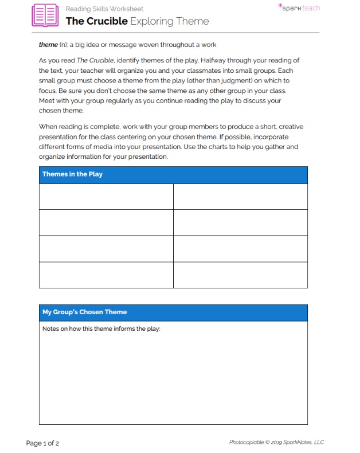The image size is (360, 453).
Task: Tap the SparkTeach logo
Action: [x=299, y=8]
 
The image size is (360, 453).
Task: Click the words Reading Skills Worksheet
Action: [x=104, y=9]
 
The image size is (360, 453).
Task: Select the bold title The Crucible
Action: [x=96, y=22]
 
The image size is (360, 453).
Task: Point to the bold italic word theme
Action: [x=48, y=45]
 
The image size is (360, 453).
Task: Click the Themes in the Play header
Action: [x=72, y=174]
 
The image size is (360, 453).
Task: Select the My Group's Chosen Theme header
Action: [x=85, y=312]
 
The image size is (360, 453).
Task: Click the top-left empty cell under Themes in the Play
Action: [x=106, y=197]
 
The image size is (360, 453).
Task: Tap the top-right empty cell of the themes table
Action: [x=240, y=197]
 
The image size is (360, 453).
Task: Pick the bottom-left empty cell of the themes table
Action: [x=106, y=275]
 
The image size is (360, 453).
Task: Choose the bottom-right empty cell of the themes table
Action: [x=240, y=275]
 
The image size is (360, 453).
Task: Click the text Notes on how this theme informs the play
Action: [x=101, y=329]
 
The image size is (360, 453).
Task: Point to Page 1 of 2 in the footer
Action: [x=42, y=443]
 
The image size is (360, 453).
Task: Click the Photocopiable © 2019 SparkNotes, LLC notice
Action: [x=276, y=442]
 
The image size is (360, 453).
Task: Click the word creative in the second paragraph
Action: [x=289, y=126]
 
